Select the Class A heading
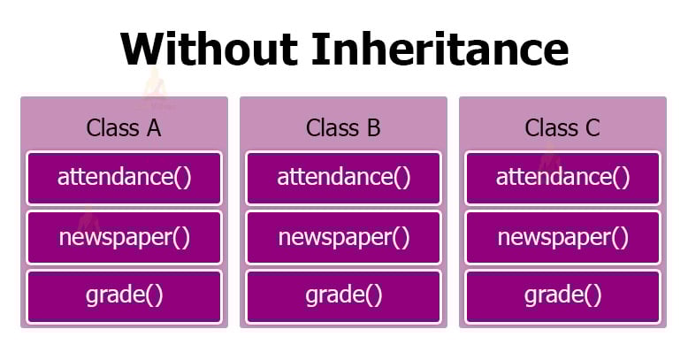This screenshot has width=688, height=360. (x=124, y=127)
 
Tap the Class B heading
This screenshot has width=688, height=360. (x=343, y=127)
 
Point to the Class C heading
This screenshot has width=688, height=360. (x=562, y=127)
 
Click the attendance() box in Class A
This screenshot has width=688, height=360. (x=124, y=177)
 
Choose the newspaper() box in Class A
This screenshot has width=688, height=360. (x=124, y=237)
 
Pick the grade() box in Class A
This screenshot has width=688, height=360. (x=124, y=295)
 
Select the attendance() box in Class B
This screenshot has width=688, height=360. (x=343, y=177)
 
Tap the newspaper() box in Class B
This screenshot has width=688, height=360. (x=343, y=237)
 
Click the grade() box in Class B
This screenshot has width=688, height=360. (x=343, y=295)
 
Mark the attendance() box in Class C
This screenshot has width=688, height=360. (x=562, y=177)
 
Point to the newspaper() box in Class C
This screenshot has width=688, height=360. (x=562, y=237)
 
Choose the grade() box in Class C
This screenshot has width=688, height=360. (x=562, y=295)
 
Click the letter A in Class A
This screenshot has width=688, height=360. (x=153, y=127)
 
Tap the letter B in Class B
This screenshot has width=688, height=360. (x=372, y=127)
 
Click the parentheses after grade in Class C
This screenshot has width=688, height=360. (x=592, y=295)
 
